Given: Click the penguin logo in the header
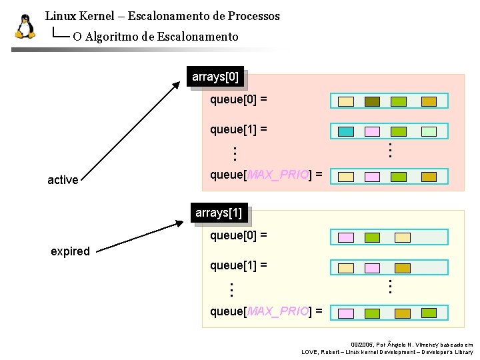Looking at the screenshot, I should pyautogui.click(x=25, y=27).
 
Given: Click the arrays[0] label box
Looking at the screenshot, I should pyautogui.click(x=215, y=77).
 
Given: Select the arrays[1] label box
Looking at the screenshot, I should pyautogui.click(x=219, y=213).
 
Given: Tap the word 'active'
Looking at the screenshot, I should pyautogui.click(x=63, y=180).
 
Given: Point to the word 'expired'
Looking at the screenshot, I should pyautogui.click(x=70, y=251).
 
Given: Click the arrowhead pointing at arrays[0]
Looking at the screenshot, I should pyautogui.click(x=177, y=85).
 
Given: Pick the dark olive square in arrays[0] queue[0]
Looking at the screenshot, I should pyautogui.click(x=372, y=102).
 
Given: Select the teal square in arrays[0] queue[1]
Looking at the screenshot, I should pyautogui.click(x=345, y=132).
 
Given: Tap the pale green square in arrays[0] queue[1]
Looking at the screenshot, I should pyautogui.click(x=398, y=132).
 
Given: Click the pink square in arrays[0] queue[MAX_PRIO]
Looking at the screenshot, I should pyautogui.click(x=372, y=177).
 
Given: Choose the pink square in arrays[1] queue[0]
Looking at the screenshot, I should pyautogui.click(x=345, y=237).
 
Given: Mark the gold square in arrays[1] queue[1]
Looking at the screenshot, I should pyautogui.click(x=403, y=268).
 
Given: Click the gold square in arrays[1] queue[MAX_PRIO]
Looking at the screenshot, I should pyautogui.click(x=403, y=313).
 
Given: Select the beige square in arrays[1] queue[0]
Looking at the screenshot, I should pyautogui.click(x=403, y=237).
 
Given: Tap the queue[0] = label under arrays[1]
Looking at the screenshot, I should pyautogui.click(x=239, y=235).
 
